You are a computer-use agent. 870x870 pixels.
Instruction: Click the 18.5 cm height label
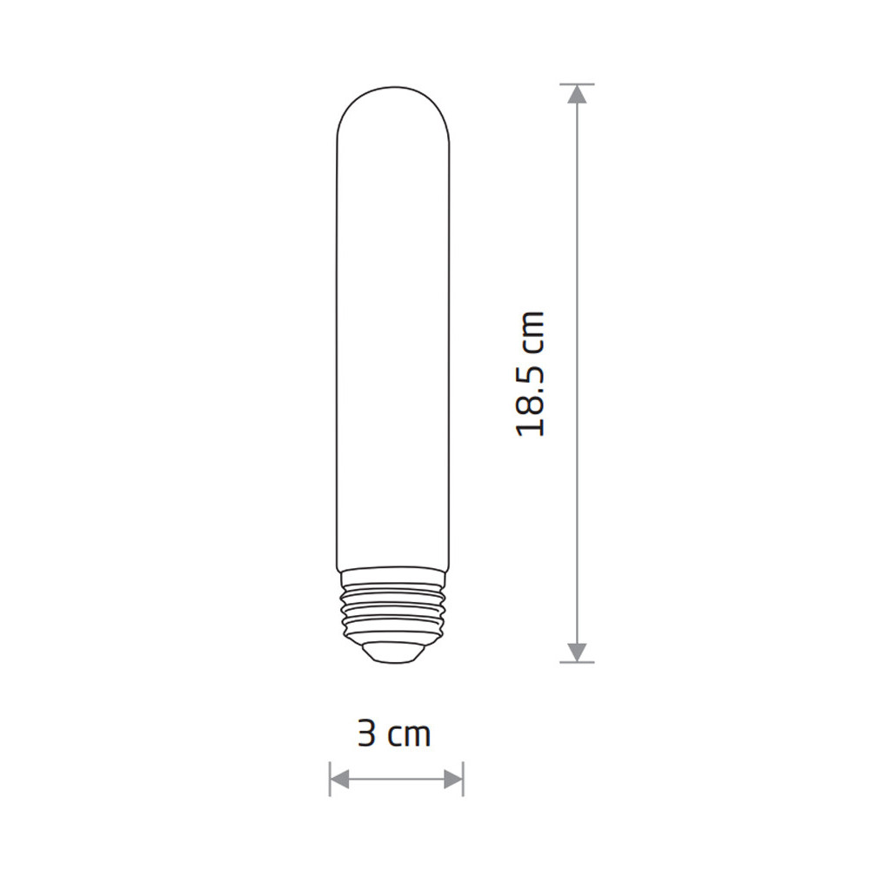tap(531, 373)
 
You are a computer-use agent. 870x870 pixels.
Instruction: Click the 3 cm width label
tap(394, 734)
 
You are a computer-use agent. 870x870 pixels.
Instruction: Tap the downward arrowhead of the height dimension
tap(577, 652)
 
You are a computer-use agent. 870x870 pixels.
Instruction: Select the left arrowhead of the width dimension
tap(339, 779)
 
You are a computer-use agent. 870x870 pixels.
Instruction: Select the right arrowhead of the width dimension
tap(453, 779)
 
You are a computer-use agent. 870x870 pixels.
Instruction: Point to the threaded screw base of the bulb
tap(394, 607)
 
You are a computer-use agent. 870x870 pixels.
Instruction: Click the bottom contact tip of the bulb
tap(394, 652)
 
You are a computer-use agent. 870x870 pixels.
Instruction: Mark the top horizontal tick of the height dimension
tap(577, 84)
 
